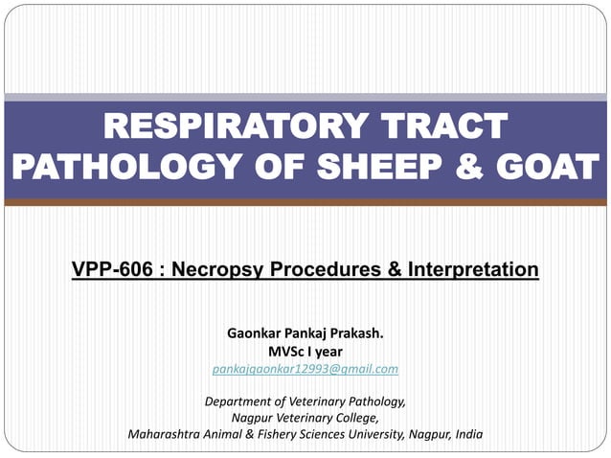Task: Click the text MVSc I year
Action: point(305,352)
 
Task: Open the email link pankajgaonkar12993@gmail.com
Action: point(305,369)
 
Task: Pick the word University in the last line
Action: point(369,434)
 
